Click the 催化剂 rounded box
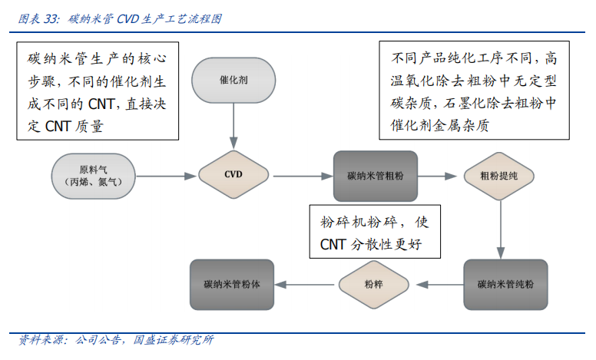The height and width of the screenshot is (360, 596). coord(233,80)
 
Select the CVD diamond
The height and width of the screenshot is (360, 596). coord(233,175)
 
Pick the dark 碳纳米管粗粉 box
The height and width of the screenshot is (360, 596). coord(376,175)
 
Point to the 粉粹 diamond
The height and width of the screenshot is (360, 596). coord(373,284)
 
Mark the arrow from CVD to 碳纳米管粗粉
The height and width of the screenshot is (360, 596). coord(301,175)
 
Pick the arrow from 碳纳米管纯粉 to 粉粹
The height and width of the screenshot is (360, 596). coord(436,284)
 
